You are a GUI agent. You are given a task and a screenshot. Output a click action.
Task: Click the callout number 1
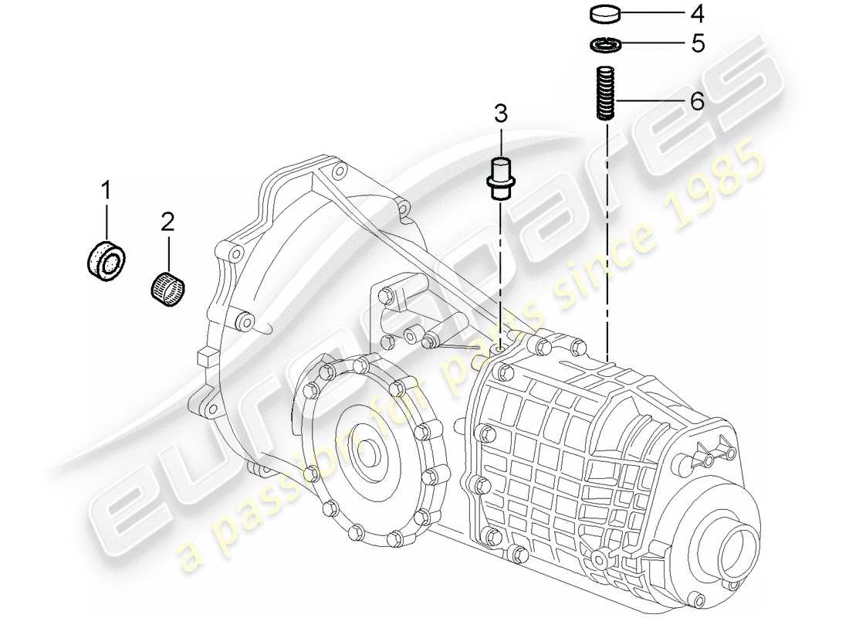coord(107,188)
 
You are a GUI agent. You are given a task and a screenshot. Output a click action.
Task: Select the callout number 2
coord(167,222)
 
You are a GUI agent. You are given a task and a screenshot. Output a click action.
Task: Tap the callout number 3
coord(501,115)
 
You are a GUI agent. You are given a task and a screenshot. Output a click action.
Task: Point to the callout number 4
coord(698,13)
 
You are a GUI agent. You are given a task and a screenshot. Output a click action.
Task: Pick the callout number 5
coord(698,43)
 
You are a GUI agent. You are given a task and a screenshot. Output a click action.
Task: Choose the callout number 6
coord(698,101)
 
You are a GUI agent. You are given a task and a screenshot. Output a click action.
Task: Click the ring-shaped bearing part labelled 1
coord(107,259)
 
